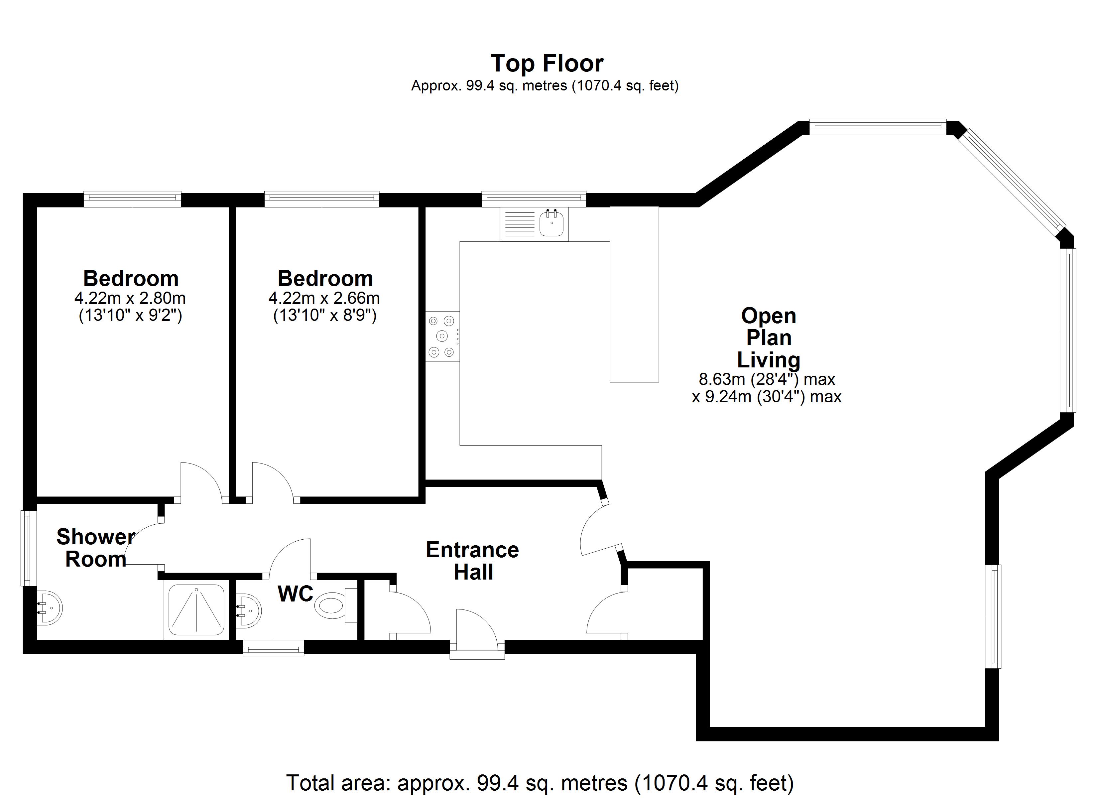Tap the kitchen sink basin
(x=551, y=223)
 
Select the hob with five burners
(x=442, y=336)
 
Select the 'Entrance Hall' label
(x=473, y=561)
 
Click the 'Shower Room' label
(x=96, y=548)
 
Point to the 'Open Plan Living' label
(x=769, y=338)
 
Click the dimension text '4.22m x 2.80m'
(x=130, y=298)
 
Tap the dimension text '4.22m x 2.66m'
(x=324, y=298)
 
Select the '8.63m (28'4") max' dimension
(x=767, y=379)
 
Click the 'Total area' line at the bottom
(x=540, y=782)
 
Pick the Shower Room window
(x=29, y=548)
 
